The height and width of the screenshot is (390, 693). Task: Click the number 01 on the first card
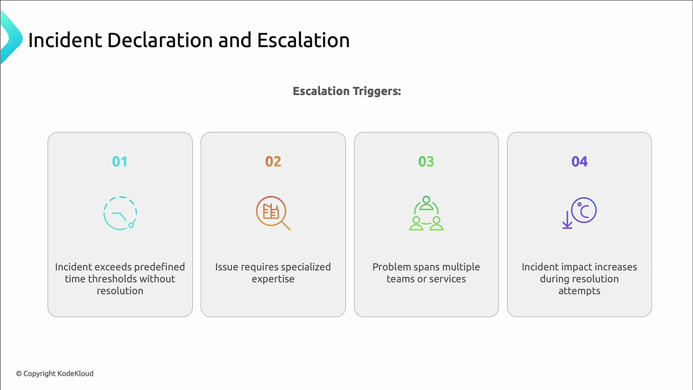point(119,161)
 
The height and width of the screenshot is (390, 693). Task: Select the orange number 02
point(273,161)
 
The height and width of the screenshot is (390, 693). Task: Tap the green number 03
point(426,161)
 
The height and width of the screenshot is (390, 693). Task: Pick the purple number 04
point(579,161)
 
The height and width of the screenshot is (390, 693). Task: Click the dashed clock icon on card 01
point(120,213)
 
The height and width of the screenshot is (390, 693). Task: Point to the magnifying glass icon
point(273,213)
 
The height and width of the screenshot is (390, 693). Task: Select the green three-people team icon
point(426,213)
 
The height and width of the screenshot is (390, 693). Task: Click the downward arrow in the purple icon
point(567,220)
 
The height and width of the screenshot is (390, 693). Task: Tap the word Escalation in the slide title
point(303,40)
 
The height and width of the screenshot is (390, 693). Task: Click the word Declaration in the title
point(160,40)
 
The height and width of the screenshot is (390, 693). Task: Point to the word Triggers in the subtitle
point(377,91)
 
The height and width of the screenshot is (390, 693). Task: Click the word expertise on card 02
point(273,279)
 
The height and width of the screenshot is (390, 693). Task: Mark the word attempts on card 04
point(579,291)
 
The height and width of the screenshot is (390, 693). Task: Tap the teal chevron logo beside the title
point(11,38)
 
